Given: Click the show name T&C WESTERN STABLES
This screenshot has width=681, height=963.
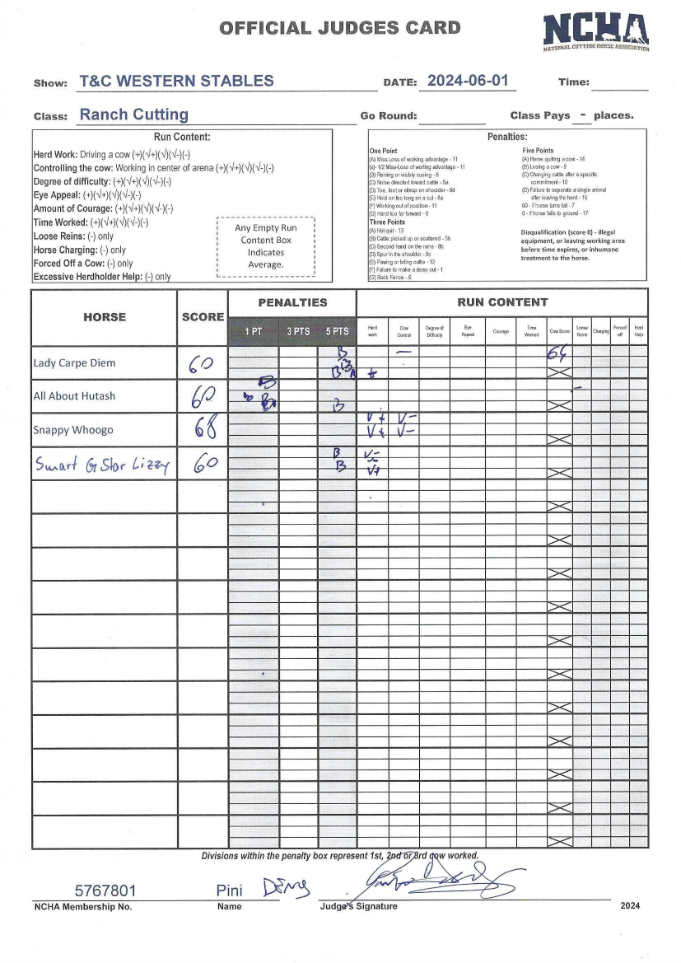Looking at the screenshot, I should tap(176, 82).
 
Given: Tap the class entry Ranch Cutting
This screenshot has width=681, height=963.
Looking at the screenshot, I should tap(133, 115).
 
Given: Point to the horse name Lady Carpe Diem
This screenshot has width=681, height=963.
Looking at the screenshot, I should tap(74, 363).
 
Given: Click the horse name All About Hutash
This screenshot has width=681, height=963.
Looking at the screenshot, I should tap(74, 396).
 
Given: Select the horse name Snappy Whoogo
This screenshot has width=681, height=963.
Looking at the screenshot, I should tap(73, 430).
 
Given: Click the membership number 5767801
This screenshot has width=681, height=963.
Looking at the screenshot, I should tap(105, 891).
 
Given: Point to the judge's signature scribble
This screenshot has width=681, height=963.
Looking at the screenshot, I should tap(445, 881).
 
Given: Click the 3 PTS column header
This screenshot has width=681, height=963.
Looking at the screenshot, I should tap(298, 331).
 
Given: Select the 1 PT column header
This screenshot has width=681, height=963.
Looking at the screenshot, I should tap(253, 331).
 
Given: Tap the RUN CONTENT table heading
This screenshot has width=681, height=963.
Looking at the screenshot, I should tap(502, 302).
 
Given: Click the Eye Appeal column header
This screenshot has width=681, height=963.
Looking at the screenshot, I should tap(468, 330).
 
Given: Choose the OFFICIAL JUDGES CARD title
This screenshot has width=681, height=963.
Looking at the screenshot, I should tap(339, 28).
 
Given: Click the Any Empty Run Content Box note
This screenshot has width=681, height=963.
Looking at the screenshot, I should tap(265, 246).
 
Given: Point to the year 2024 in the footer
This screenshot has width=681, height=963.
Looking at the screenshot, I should tap(631, 906).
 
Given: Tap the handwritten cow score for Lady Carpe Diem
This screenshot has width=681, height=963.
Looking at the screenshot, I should tap(559, 354).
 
